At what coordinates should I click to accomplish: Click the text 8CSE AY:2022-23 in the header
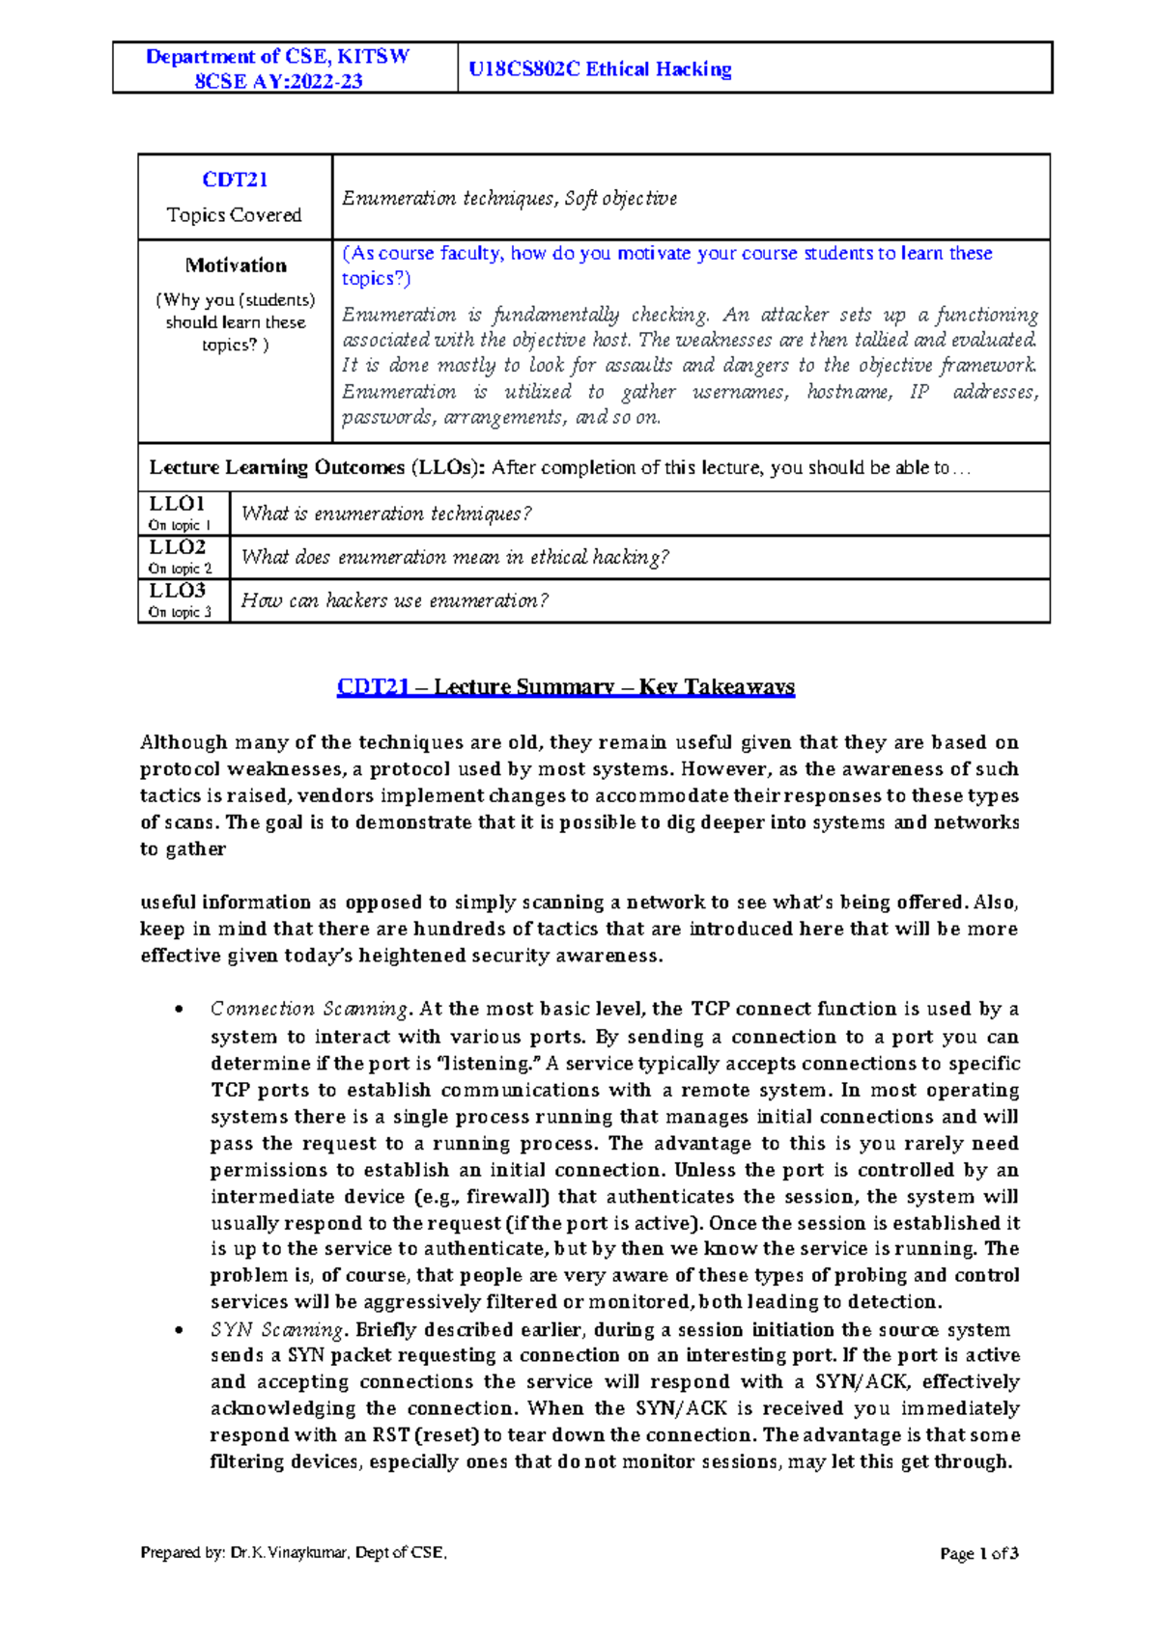coord(278,81)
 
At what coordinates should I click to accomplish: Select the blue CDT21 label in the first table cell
coord(235,180)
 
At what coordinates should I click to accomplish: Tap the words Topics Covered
coord(234,214)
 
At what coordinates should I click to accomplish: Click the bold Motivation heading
coord(236,265)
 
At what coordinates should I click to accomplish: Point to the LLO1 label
coord(177,504)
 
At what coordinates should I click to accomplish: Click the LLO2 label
coord(177,547)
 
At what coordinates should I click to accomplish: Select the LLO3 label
coord(177,591)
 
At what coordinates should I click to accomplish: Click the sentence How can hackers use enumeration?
coord(394,600)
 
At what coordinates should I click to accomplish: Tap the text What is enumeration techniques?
coord(386,514)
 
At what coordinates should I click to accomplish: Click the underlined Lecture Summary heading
coord(566,687)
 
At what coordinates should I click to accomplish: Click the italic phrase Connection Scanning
coord(309,1009)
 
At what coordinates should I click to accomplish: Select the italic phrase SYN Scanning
coord(276,1329)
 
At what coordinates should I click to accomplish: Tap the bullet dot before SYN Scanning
coord(177,1330)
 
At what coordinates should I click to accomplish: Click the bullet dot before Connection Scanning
coord(177,1010)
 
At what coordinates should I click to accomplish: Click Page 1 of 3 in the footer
coord(978,1553)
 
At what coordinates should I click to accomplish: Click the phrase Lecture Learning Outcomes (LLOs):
coord(317,468)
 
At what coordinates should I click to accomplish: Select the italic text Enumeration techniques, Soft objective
coord(509,198)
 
